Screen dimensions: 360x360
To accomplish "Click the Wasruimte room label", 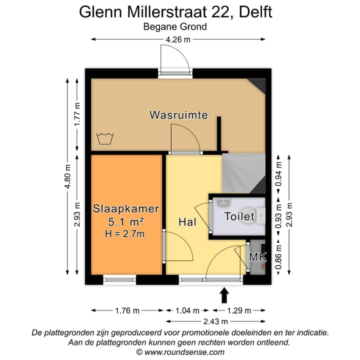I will (178, 115).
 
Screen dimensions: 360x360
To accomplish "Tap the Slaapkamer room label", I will (126, 208).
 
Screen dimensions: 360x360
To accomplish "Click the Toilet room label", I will (239, 216).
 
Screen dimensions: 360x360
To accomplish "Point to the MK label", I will (258, 257).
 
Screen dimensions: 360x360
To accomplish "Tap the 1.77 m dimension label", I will (77, 115).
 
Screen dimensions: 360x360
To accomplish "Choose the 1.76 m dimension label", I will (126, 310).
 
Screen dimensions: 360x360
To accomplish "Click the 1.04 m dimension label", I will (189, 310).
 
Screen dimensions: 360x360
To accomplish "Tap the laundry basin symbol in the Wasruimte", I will (104, 138).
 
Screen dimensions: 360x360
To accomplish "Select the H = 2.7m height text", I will (126, 232).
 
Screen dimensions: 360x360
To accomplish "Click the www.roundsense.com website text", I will (180, 352).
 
